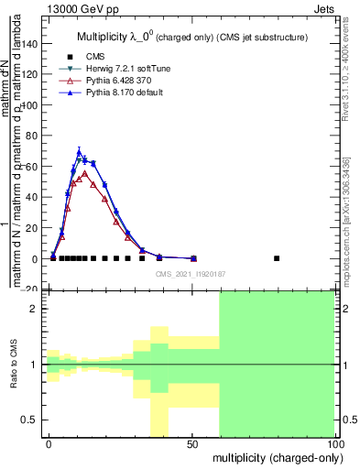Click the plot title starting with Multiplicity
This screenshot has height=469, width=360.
[x=190, y=36]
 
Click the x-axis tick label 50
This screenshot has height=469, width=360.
[x=191, y=443]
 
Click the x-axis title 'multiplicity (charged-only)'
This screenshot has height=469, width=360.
[x=273, y=457]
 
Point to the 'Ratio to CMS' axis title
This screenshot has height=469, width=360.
[x=12, y=366]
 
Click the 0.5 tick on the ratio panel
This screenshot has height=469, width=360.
[x=28, y=420]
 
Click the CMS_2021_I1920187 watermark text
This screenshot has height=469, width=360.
[x=191, y=272]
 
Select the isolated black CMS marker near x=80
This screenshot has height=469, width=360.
[x=277, y=258]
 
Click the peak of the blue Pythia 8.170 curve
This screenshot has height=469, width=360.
[x=79, y=151]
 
